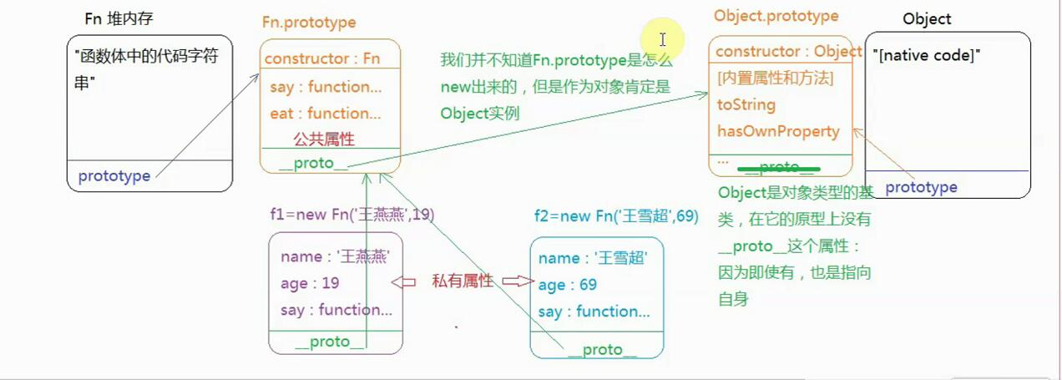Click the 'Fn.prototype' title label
[309, 23]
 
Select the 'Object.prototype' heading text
[776, 16]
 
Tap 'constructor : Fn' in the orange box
[321, 58]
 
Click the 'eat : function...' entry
[325, 113]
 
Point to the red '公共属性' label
[324, 139]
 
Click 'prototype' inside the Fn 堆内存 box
[114, 176]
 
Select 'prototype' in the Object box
[921, 187]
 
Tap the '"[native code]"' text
[926, 56]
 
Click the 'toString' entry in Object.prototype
[746, 104]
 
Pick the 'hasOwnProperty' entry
[778, 131]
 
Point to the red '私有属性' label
[462, 281]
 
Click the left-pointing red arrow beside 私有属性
[404, 282]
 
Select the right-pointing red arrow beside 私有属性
[518, 281]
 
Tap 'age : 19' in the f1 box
[310, 283]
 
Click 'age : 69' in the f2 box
[568, 285]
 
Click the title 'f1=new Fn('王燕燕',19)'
[351, 215]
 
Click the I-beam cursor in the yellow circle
[662, 39]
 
